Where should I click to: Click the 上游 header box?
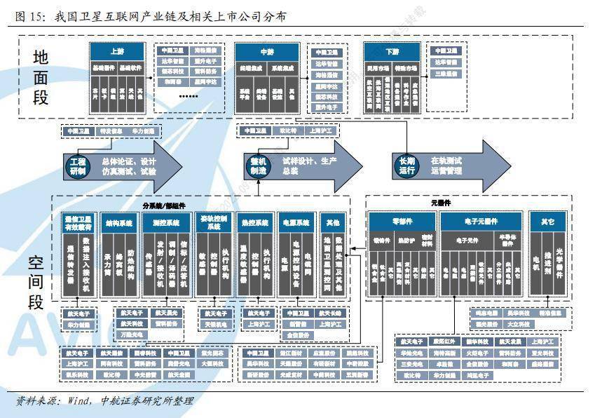tap(117, 51)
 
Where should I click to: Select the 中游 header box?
tap(267, 51)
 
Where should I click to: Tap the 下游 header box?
tap(392, 51)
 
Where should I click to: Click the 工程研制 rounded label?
tap(78, 166)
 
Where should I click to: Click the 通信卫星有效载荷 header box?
tap(78, 222)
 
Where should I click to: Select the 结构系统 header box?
tap(118, 222)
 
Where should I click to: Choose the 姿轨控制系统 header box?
tap(214, 222)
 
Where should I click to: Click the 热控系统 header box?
tap(255, 222)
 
